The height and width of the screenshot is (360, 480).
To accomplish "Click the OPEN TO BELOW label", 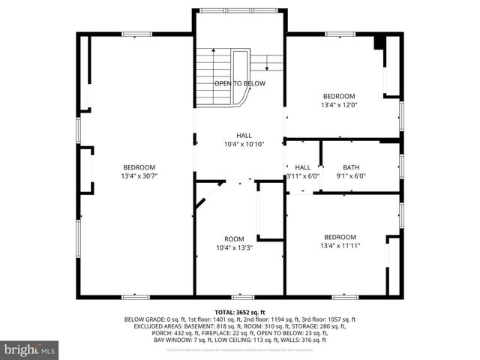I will pyautogui.click(x=239, y=82).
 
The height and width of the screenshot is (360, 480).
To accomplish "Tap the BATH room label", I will pyautogui.click(x=351, y=167).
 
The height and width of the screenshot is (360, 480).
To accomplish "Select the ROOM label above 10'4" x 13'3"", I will pyautogui.click(x=234, y=238).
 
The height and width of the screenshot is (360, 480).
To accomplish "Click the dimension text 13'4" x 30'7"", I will pyautogui.click(x=139, y=175).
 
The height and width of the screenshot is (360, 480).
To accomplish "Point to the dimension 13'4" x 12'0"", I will pyautogui.click(x=339, y=105).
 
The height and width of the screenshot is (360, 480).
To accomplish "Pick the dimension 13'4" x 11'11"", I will pyautogui.click(x=340, y=245).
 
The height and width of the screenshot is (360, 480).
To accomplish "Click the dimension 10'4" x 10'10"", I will pyautogui.click(x=244, y=144).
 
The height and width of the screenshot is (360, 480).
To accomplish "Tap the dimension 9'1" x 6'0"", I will pyautogui.click(x=351, y=176).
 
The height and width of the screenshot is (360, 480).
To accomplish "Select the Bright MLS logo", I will pyautogui.click(x=30, y=349).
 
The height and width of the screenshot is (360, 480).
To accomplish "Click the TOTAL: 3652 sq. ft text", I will pyautogui.click(x=239, y=312).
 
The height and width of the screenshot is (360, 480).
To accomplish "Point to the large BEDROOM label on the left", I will pyautogui.click(x=139, y=166).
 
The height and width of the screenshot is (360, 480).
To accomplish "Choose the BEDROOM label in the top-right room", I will pyautogui.click(x=339, y=96).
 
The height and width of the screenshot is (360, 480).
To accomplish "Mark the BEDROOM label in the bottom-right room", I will pyautogui.click(x=340, y=236).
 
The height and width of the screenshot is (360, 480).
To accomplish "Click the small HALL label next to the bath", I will pyautogui.click(x=302, y=167).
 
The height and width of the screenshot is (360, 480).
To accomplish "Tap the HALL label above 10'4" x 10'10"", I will pyautogui.click(x=244, y=135).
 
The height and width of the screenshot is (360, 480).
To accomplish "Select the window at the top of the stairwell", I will pyautogui.click(x=239, y=10).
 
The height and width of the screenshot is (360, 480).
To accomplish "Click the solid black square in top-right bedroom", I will pyautogui.click(x=379, y=41).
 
